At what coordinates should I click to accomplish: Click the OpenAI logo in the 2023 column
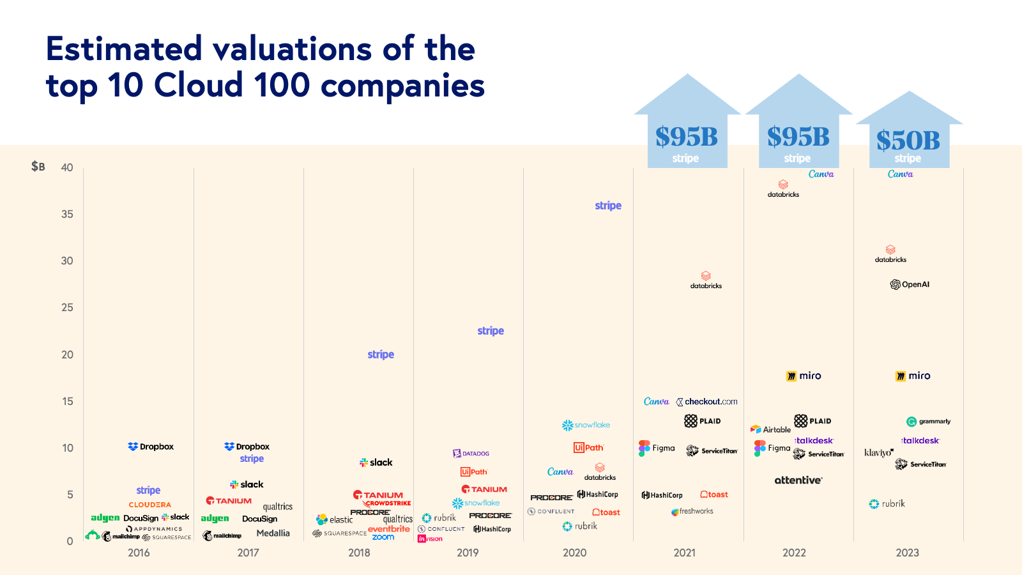pos(910,284)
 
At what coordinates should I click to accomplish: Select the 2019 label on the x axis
pos(468,553)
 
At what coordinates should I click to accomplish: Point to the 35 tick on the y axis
pos(67,214)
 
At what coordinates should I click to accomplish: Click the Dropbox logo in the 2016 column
pos(151,447)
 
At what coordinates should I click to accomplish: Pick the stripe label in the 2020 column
pos(608,206)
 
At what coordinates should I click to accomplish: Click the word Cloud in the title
pos(199,85)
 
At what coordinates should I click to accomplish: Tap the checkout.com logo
pos(706,402)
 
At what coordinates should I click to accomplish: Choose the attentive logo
pos(798,480)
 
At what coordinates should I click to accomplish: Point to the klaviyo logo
pos(878,452)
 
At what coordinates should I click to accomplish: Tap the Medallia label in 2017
pos(273,533)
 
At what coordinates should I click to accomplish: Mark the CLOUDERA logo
pos(149,505)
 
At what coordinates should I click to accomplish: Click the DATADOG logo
pos(471,454)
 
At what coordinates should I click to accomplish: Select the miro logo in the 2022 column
pos(804,376)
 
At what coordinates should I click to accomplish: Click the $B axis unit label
pos(38,167)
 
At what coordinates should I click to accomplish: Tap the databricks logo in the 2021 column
pos(706,280)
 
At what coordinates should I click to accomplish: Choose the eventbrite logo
pos(388,529)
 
